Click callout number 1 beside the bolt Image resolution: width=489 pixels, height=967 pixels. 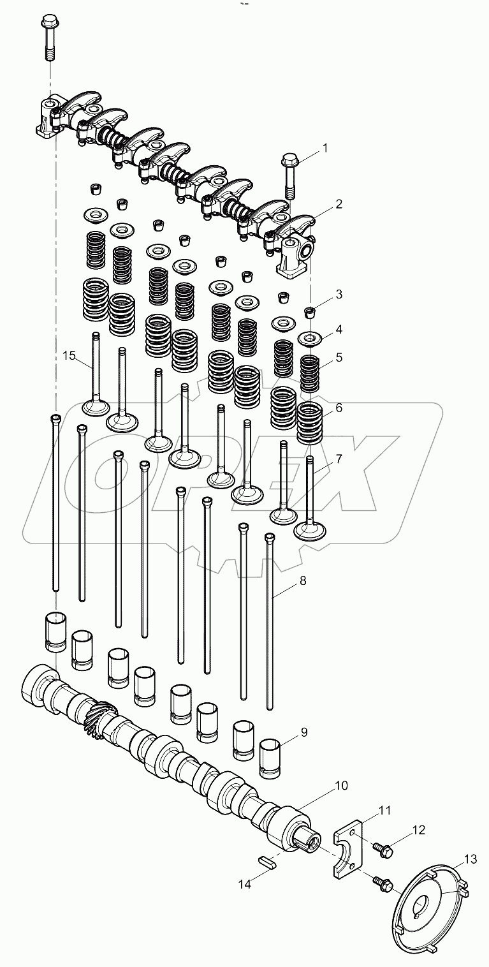(325, 148)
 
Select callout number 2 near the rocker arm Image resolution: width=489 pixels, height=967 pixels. (339, 204)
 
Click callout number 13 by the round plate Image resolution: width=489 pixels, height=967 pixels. (471, 860)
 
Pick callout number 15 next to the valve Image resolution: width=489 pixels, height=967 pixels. (69, 355)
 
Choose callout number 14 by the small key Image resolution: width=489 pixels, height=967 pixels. (244, 883)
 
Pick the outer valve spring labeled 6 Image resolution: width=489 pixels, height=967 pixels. (310, 422)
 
